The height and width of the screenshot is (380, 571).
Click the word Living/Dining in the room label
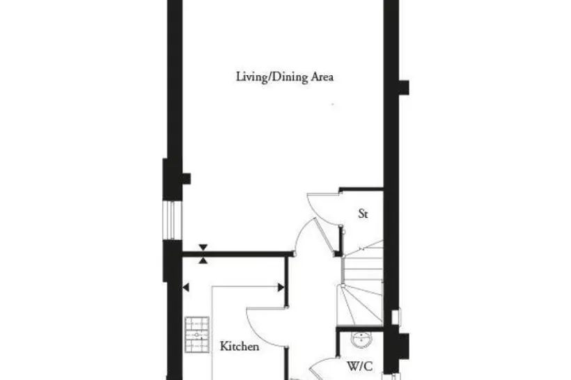pos(272,77)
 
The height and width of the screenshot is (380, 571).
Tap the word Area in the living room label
pos(322,77)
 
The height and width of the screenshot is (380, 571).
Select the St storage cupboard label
pos(363,214)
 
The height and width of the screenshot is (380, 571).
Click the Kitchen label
pos(240,346)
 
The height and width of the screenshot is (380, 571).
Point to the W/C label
pos(360,366)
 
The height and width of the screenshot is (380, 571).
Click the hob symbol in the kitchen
pos(197,335)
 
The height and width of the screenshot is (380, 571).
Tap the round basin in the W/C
pos(361,340)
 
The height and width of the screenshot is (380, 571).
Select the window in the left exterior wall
pos(172,220)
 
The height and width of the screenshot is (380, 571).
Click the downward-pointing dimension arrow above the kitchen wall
pos(203,247)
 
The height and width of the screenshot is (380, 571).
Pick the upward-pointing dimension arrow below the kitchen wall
pos(203,260)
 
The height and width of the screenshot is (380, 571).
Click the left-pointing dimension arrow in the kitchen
pos(186,287)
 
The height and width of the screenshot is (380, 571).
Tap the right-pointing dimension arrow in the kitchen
pos(281,287)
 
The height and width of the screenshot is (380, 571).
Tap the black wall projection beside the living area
pos(404,88)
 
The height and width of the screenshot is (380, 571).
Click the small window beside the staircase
pos(396,317)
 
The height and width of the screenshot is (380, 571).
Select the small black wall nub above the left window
pos(187,179)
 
